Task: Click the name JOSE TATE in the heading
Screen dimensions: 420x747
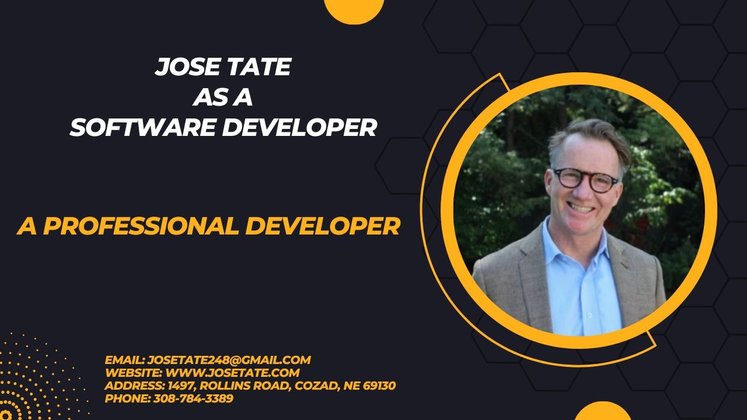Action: tap(222, 68)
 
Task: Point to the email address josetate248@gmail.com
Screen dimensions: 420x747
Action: tap(229, 360)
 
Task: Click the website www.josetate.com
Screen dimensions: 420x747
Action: tap(233, 373)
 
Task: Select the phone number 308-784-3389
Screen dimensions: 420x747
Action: tap(193, 399)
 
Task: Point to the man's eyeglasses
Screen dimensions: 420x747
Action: tap(585, 180)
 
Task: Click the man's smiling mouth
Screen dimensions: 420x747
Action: tap(581, 206)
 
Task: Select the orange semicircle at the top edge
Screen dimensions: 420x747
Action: tap(354, 9)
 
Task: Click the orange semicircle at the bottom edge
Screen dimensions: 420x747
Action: tap(602, 412)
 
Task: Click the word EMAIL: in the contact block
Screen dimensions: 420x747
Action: tap(124, 360)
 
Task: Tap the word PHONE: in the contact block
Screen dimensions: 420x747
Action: tap(127, 399)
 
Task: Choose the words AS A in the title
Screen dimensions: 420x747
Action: tap(222, 97)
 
